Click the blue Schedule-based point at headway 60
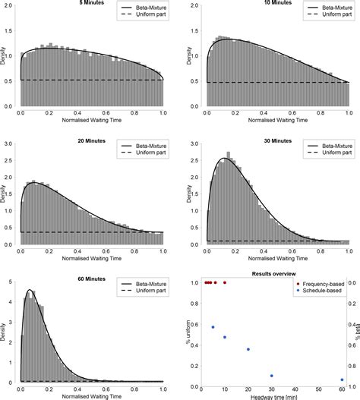(x=342, y=380)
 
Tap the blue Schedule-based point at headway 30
(x=271, y=376)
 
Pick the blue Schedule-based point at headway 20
(x=248, y=349)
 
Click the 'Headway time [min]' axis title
(x=271, y=396)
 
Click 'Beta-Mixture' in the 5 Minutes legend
(x=147, y=11)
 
